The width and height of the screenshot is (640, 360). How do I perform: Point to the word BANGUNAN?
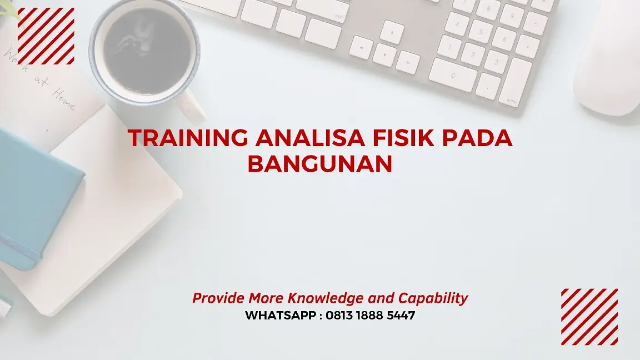(319, 164)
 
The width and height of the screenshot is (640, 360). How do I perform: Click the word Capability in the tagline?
(434, 298)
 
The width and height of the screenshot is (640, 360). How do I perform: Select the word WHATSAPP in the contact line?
(281, 316)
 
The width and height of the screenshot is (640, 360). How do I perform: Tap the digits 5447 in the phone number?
(399, 316)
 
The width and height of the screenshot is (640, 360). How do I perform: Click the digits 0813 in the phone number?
(343, 316)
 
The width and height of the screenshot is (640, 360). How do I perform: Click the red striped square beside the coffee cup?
(46, 36)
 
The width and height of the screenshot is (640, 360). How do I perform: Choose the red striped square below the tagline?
(589, 317)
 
